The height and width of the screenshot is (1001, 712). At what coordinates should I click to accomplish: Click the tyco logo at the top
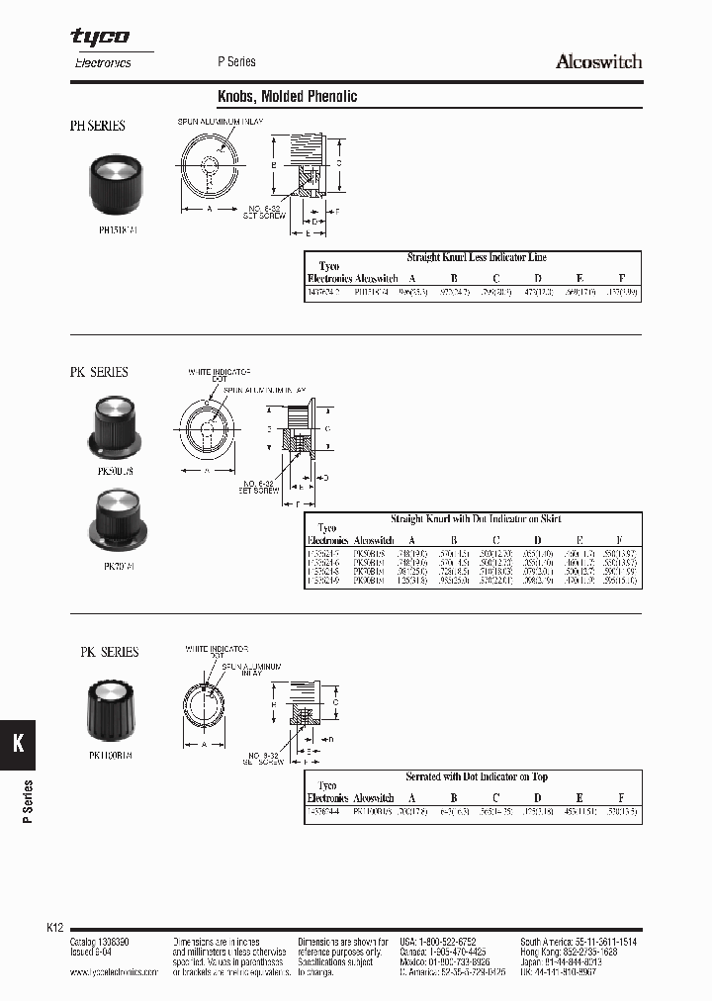99,37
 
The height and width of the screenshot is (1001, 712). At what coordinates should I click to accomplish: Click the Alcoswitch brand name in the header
598,61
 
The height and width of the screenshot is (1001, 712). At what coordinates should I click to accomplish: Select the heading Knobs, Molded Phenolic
287,97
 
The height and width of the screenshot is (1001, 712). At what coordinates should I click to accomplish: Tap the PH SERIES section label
97,127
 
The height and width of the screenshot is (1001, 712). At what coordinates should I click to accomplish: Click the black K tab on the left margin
17,745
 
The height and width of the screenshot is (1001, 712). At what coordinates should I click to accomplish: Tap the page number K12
55,928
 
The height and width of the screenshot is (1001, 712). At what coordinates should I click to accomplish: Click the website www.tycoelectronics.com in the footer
114,972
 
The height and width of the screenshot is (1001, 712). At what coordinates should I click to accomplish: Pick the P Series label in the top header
236,61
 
